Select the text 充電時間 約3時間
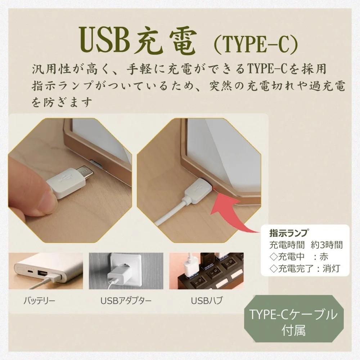point(306,245)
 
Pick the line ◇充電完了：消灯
point(306,268)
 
